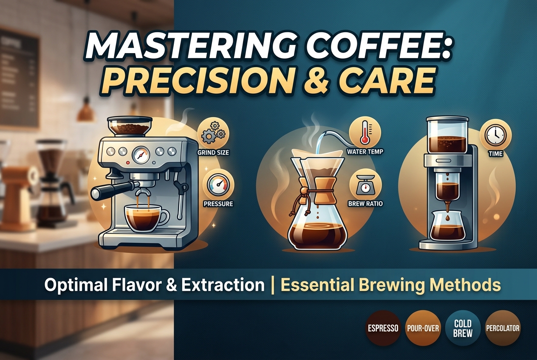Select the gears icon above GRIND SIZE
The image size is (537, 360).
coord(213,133)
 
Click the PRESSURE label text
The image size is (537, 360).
coord(218,204)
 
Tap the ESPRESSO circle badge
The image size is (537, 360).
coord(383,328)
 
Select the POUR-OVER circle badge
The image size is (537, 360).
coord(423,328)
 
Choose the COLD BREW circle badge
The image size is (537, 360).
coord(463,328)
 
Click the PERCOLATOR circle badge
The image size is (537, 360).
coord(503,328)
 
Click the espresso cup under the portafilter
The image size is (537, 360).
coord(144,218)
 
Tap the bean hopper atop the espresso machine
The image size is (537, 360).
coord(130,127)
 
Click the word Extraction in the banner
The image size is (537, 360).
coord(223,285)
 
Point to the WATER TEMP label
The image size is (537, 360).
coord(365,152)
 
